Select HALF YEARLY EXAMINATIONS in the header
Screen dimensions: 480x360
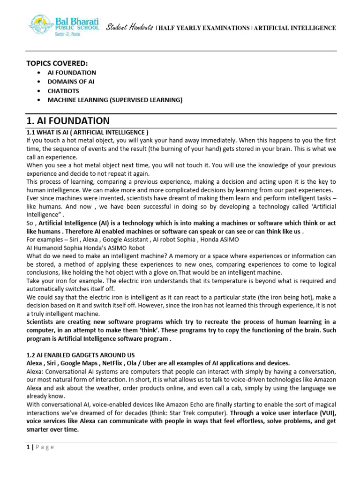pos(204,28)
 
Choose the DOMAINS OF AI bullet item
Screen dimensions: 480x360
pos(71,82)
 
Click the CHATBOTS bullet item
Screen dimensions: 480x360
pos(63,91)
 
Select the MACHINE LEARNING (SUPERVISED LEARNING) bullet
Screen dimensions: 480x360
pos(115,100)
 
